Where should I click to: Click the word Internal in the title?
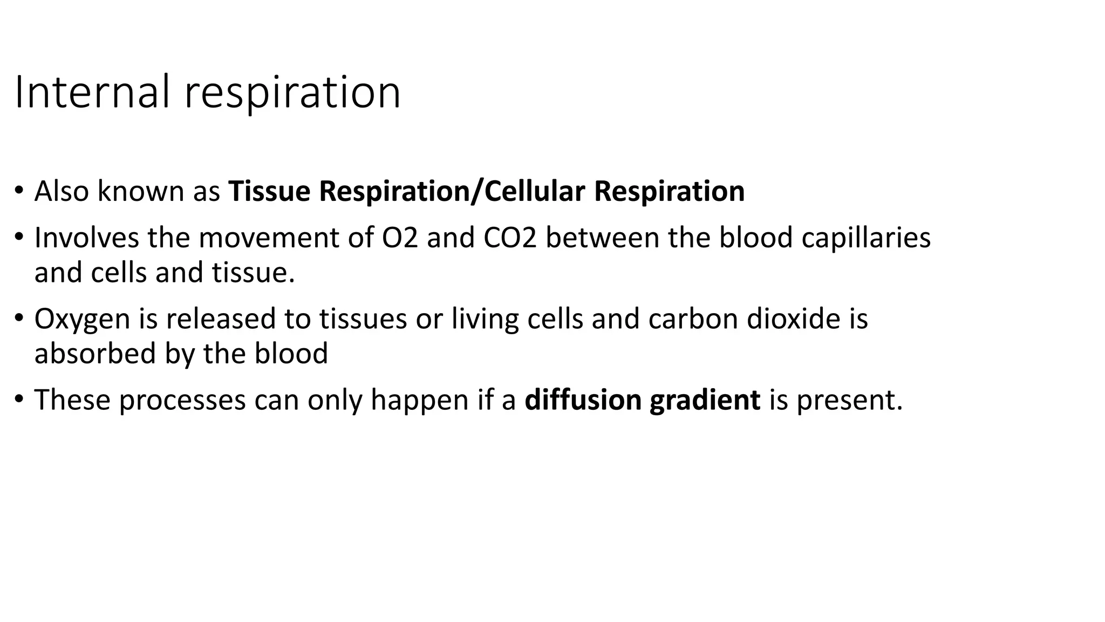point(92,92)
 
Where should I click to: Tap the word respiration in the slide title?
point(292,93)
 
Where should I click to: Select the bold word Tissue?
point(269,191)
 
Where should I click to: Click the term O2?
point(400,238)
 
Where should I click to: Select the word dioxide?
point(793,319)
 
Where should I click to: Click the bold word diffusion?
point(583,400)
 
